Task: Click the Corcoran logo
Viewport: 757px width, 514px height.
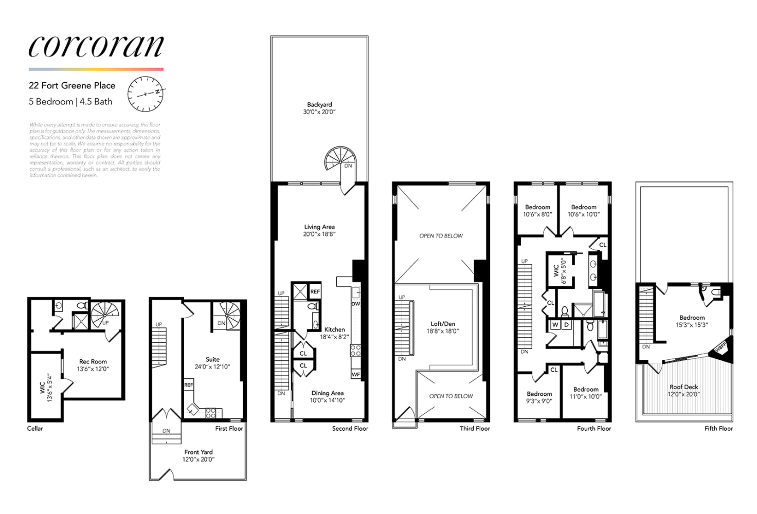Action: coord(96,46)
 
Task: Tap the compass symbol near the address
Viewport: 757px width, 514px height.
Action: coord(146,94)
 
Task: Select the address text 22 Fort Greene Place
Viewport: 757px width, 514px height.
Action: coord(72,86)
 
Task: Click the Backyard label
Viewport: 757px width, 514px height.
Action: coord(319,108)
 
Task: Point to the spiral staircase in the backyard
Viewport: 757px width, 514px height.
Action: coord(340,159)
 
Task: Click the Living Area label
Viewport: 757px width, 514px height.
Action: coord(319,230)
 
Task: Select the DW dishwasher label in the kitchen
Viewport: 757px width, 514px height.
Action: coord(356,304)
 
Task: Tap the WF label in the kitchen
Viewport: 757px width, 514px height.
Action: coord(356,375)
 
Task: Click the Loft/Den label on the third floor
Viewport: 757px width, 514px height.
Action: coord(443,327)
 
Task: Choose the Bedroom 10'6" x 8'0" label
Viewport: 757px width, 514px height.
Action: coord(537,211)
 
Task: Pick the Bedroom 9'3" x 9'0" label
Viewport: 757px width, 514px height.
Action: coord(539,397)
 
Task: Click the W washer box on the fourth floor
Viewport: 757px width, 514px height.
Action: coord(555,325)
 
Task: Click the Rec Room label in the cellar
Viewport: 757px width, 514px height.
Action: coord(93,365)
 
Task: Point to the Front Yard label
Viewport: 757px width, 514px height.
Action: coord(199,455)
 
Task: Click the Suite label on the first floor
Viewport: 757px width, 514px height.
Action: coord(212,363)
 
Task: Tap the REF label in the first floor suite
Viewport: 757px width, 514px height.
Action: coord(189,384)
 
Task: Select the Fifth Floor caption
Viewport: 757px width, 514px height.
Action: coord(718,428)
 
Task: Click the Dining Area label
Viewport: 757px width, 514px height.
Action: coord(327,396)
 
